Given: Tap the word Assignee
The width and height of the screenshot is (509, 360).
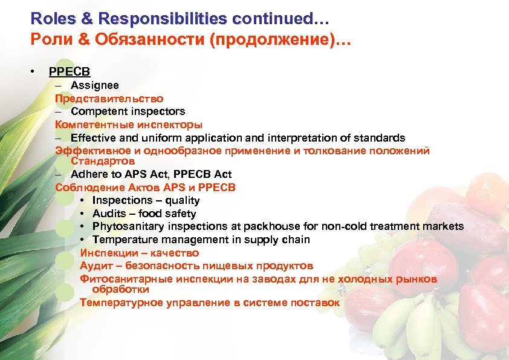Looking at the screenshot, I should click(x=95, y=86).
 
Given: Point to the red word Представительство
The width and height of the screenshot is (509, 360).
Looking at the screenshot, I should click(x=109, y=99).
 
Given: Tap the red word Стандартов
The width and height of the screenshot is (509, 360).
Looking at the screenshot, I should click(x=103, y=162).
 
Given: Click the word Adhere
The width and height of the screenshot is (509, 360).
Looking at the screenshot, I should click(x=88, y=175).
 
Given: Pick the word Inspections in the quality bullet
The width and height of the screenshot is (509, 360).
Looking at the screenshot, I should click(x=123, y=201).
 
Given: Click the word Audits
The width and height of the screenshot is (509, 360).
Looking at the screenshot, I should click(x=109, y=214).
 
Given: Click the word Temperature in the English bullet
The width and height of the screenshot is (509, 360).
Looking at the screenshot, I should click(x=125, y=240).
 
